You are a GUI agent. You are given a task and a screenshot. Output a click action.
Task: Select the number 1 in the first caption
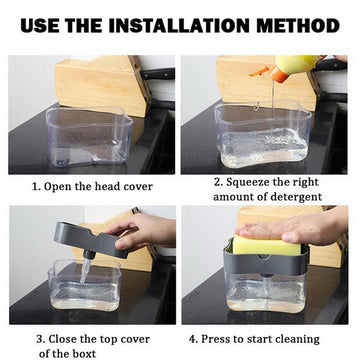pos(35,186)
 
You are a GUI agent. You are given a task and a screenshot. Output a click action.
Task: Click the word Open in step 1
pos(62,186)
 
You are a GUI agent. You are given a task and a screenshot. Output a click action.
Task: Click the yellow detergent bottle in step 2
pos(300,68)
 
